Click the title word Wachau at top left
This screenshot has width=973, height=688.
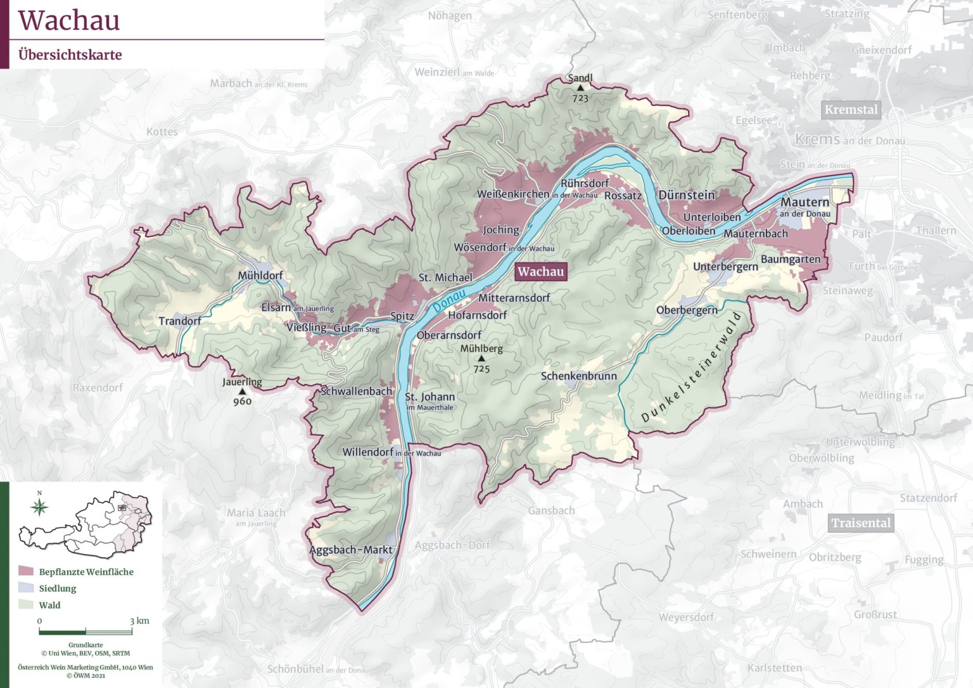[69, 20]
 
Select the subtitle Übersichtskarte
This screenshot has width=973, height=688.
[70, 55]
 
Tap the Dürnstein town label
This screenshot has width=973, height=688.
[686, 195]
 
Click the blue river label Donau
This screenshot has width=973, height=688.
[449, 300]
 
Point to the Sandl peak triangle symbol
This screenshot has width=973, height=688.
[580, 87]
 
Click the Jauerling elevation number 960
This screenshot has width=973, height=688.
[242, 401]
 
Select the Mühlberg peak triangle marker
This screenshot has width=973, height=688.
[481, 359]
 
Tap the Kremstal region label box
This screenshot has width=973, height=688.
[851, 110]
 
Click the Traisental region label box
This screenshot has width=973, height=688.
[861, 523]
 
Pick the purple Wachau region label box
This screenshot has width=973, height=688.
[540, 272]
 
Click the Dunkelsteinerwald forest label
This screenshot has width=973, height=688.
[691, 367]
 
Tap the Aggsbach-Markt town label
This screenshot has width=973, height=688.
[351, 550]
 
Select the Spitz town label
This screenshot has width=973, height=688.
[402, 316]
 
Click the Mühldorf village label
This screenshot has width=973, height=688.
[260, 276]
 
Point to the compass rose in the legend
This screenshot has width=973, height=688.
[39, 507]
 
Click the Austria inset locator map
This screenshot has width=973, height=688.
[89, 524]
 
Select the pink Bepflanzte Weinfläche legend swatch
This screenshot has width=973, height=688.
[26, 571]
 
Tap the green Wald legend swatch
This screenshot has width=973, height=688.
[26, 605]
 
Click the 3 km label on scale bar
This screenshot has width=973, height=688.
[139, 621]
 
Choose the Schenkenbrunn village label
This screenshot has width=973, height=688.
[578, 376]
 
